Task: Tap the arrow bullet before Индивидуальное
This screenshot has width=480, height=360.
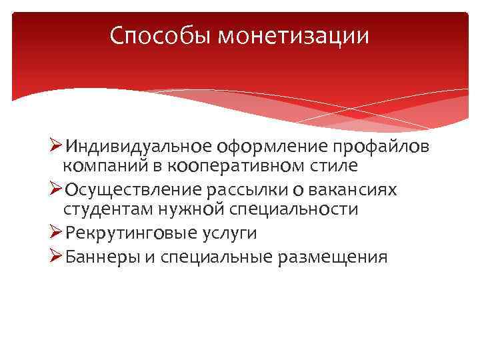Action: click(x=57, y=145)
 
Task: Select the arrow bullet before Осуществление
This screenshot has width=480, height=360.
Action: click(x=57, y=189)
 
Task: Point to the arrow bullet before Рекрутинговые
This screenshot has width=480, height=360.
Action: click(x=57, y=233)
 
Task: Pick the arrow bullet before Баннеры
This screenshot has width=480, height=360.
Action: click(x=57, y=256)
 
